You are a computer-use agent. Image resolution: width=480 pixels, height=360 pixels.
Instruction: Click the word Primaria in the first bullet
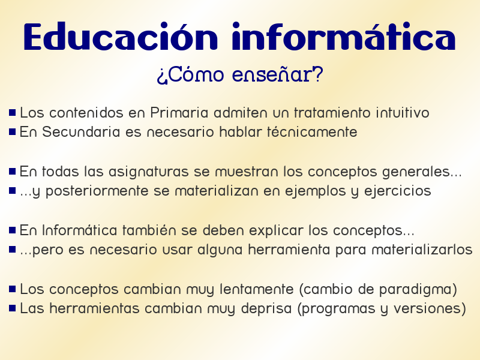pyautogui.click(x=179, y=113)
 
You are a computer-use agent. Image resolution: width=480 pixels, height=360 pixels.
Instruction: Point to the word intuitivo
pyautogui.click(x=402, y=113)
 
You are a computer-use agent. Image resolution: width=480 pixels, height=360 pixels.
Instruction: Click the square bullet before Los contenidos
pyautogui.click(x=12, y=112)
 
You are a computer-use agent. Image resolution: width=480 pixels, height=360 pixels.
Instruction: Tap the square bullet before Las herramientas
pyautogui.click(x=12, y=308)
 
